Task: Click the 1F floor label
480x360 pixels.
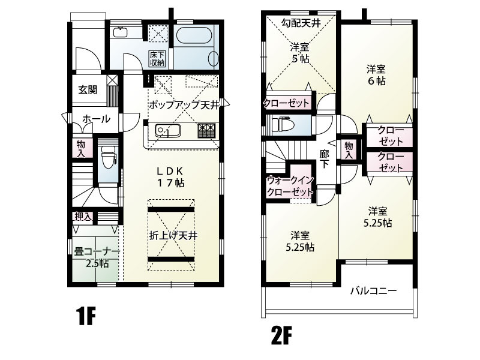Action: click(86, 316)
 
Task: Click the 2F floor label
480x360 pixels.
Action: click(281, 336)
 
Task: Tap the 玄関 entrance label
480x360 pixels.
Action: click(88, 90)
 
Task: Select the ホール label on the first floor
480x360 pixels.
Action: click(96, 119)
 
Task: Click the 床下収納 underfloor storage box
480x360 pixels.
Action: click(157, 58)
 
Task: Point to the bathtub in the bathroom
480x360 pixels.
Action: click(194, 35)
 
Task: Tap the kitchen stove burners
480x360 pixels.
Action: click(206, 131)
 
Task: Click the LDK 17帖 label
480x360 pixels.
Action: click(171, 176)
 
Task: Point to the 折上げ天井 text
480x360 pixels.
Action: click(173, 235)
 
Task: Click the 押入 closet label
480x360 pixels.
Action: click(83, 217)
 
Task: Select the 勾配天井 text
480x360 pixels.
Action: click(301, 23)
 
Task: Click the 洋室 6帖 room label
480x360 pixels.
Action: click(376, 75)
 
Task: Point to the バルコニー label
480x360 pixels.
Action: click(373, 290)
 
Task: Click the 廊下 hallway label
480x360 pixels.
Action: click(324, 158)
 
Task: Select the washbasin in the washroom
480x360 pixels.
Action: click(121, 32)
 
